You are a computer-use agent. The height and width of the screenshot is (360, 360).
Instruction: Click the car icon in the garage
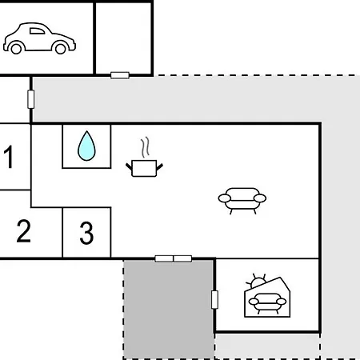[x=39, y=38]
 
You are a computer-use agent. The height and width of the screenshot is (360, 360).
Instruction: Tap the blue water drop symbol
[x=86, y=146]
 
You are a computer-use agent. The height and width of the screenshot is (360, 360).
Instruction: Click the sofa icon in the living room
[x=242, y=201]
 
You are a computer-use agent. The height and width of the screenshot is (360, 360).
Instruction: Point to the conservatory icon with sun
[x=267, y=295]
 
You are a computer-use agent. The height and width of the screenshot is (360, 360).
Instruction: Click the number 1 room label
[x=9, y=157]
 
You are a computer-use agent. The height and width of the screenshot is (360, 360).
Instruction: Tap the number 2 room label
[x=23, y=231]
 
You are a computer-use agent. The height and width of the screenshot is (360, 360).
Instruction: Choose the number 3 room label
[x=86, y=233]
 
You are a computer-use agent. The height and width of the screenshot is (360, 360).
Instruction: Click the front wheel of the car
[x=60, y=49]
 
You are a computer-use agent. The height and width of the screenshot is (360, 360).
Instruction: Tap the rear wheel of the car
[x=16, y=49]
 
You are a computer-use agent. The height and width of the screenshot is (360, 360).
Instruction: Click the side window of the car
[x=37, y=31]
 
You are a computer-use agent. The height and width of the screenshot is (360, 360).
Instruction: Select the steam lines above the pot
[x=146, y=147]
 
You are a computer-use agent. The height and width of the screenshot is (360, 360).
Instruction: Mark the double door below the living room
[x=174, y=258]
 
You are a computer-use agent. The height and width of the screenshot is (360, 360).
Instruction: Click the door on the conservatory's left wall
[x=214, y=300]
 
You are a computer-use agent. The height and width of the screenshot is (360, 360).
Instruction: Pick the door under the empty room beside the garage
[x=120, y=75]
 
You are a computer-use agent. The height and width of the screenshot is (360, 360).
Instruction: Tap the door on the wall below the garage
[x=31, y=99]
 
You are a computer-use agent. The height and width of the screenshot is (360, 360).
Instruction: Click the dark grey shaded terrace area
[x=169, y=310]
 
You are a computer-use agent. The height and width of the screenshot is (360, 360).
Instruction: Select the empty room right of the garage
[x=123, y=38]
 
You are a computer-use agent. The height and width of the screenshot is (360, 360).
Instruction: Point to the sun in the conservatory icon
[x=258, y=282]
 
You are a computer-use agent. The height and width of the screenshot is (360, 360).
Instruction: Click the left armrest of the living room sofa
[x=225, y=198]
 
